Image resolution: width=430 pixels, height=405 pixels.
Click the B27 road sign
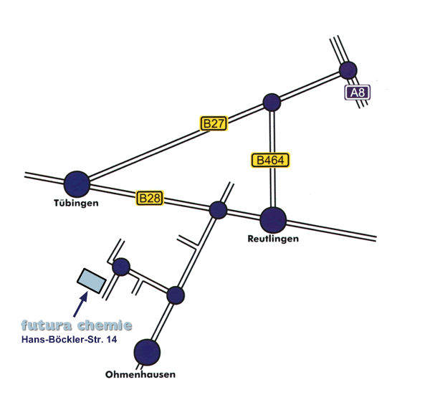point(214,123)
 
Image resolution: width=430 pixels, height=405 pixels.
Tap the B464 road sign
point(271,160)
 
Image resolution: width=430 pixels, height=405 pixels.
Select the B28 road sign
point(150,198)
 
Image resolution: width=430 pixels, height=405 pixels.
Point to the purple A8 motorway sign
point(357,92)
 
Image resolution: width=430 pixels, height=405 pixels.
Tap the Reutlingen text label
point(272,239)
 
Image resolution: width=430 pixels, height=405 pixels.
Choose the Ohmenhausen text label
point(140,374)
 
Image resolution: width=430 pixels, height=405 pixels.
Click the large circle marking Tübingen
point(77,183)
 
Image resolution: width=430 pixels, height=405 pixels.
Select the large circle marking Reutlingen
point(273,219)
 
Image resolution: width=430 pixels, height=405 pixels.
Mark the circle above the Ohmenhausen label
point(147,352)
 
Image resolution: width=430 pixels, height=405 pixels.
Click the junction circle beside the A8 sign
point(348,70)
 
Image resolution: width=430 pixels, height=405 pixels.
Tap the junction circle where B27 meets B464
point(271,103)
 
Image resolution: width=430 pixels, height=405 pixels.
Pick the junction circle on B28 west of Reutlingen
point(218,210)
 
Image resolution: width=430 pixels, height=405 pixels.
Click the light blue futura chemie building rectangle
point(91,280)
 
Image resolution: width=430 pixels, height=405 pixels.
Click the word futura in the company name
point(49,325)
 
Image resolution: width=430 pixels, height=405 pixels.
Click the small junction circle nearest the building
point(121,267)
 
